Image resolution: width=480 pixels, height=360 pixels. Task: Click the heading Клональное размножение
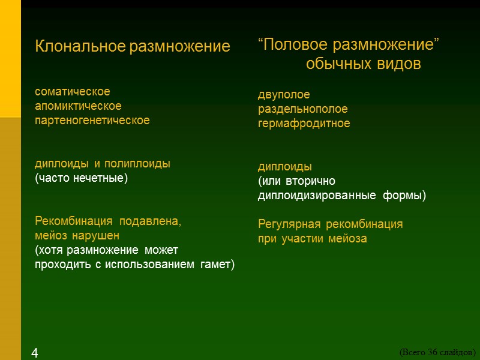(133, 47)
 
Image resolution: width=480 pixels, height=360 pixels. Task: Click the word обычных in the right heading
(336, 64)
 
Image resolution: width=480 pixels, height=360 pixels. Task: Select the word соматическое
(73, 92)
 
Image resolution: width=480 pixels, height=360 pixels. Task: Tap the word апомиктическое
(78, 106)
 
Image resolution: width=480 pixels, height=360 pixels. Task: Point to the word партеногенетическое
(92, 121)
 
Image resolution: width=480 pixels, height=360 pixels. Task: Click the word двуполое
(284, 95)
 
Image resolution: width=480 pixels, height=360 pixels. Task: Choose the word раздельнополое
(302, 109)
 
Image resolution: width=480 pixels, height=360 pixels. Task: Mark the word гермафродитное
(304, 124)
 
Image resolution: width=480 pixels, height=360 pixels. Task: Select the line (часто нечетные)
(82, 178)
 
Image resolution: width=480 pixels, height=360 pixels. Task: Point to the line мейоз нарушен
(77, 236)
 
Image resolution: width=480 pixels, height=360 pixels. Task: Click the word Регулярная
(290, 224)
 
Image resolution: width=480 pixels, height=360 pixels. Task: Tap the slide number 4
(35, 353)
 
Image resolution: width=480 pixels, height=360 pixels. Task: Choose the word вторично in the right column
(312, 181)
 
